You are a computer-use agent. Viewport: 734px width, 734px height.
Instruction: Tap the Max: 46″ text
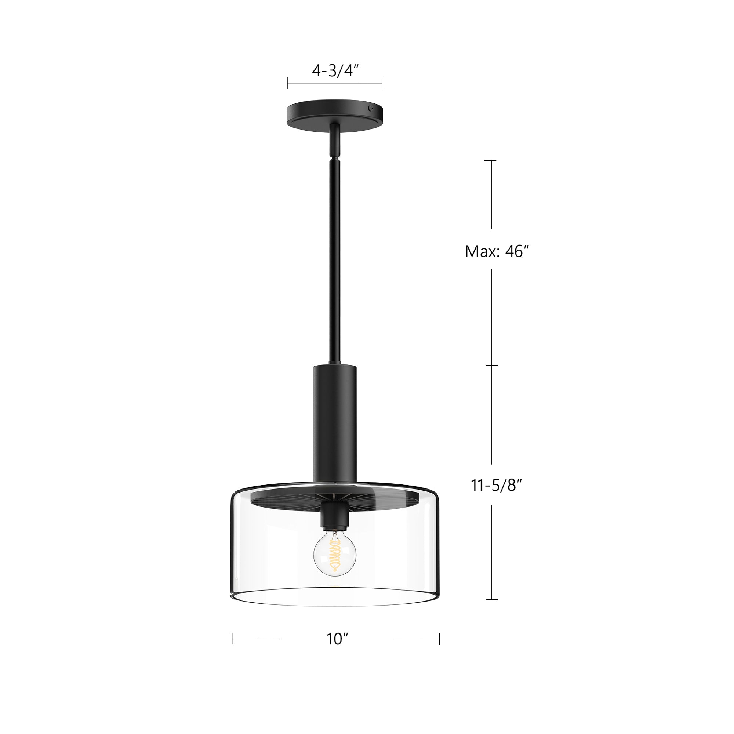point(497,251)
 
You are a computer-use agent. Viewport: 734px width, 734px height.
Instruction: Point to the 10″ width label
point(337,639)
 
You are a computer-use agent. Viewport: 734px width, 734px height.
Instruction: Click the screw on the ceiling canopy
point(370,109)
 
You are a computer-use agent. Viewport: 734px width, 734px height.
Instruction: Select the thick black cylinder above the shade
point(335,422)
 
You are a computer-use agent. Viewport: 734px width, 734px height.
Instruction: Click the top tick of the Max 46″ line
point(492,161)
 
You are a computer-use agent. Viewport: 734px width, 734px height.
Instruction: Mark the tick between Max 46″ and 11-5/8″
point(492,365)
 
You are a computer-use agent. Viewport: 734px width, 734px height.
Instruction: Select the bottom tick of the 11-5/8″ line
point(492,599)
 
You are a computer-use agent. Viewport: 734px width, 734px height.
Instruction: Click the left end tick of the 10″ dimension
point(232,639)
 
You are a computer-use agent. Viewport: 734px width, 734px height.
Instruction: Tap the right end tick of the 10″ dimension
point(439,639)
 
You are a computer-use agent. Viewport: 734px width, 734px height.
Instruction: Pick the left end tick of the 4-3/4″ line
point(287,84)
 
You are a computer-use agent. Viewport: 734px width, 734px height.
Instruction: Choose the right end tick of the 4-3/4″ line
point(382,84)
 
